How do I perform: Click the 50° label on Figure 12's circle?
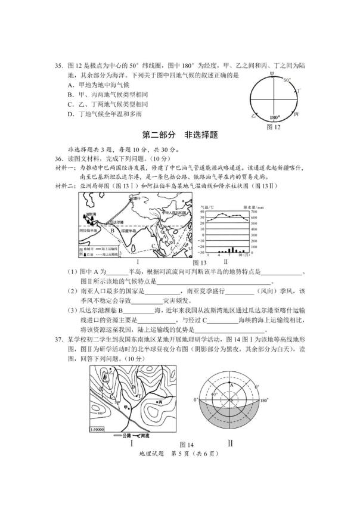[x=287, y=80]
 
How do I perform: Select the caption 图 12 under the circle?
[x=274, y=127]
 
